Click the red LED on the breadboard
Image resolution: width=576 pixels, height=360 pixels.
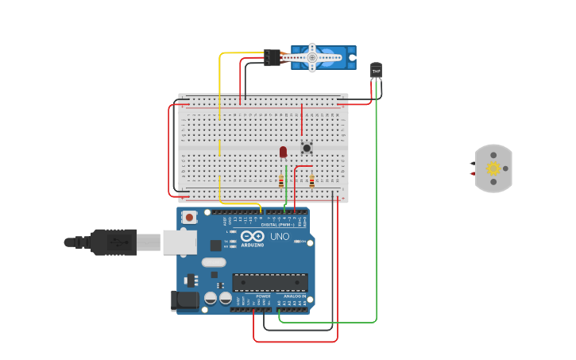(x=283, y=151)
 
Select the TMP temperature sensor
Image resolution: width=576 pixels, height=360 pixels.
(x=376, y=70)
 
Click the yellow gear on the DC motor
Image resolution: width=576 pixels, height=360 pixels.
(x=493, y=168)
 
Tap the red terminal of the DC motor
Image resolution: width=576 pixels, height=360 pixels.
(x=473, y=173)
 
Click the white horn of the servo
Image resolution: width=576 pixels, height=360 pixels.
(x=313, y=57)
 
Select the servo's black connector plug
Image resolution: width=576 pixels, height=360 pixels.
(x=273, y=57)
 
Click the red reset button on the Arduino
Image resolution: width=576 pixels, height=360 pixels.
(x=189, y=217)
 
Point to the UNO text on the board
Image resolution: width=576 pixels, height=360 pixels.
(x=280, y=237)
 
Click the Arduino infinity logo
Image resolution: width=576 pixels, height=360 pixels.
(x=252, y=237)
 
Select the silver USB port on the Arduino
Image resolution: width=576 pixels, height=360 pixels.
(x=180, y=242)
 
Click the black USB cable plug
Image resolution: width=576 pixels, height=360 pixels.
(x=114, y=242)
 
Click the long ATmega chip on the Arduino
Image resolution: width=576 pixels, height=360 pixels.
(x=269, y=282)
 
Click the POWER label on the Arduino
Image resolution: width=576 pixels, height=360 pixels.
(x=263, y=296)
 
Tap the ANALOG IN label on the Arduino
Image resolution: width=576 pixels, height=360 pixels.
(x=295, y=296)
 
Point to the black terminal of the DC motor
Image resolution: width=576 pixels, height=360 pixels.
(x=473, y=163)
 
